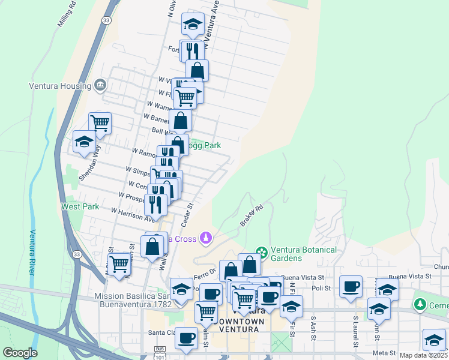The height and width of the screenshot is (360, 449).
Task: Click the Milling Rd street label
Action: coord(68,15)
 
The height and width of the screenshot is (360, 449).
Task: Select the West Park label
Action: coord(80,206)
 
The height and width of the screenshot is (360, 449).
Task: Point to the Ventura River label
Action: coord(34,252)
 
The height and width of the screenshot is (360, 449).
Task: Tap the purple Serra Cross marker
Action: coord(206,239)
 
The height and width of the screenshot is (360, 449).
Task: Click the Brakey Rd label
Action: coord(252,217)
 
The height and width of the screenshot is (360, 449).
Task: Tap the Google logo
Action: coord(20,353)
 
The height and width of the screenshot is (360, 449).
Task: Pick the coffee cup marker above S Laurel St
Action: coord(350,286)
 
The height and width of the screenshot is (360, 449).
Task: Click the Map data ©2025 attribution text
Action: coord(423,355)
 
